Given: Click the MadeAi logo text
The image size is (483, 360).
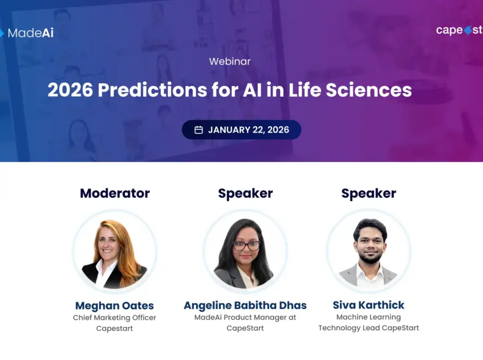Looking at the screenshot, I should (x=30, y=33).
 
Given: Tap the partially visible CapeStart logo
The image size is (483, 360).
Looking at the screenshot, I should (x=459, y=30).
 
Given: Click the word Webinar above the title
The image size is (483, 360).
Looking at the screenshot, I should (x=230, y=61).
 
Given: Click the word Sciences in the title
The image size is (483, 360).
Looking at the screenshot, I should (x=368, y=90).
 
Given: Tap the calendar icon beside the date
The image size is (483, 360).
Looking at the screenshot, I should (x=199, y=130).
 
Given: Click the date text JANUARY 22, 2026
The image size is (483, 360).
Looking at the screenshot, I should (x=249, y=130).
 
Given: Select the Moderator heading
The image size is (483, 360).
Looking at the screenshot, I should (x=115, y=193).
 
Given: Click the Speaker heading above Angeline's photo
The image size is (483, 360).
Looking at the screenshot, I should (x=245, y=193).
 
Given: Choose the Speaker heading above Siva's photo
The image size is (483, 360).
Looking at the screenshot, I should (x=368, y=193).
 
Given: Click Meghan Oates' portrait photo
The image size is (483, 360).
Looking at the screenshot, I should (x=115, y=252).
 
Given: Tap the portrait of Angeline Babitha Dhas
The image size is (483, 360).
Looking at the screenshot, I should (x=245, y=252).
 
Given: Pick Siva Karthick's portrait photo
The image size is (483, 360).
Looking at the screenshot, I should (x=368, y=252).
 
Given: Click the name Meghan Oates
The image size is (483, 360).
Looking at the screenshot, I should (x=115, y=305).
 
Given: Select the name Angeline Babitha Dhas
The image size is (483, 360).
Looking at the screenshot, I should (x=245, y=305).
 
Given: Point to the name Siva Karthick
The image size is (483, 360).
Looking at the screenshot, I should (x=368, y=305).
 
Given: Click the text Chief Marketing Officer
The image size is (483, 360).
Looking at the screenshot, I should (x=115, y=318).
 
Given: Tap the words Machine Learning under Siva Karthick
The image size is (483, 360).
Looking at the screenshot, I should (x=368, y=317).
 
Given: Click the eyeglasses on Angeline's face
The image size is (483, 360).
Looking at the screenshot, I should (x=246, y=245).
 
